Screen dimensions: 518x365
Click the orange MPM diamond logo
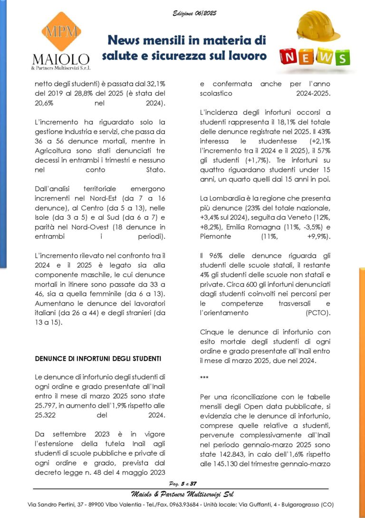point(61,32)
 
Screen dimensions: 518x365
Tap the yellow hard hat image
point(318,26)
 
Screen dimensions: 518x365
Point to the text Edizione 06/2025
point(194,13)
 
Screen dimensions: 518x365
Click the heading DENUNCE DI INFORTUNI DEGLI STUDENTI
point(98,358)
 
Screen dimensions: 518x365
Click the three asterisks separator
point(204,378)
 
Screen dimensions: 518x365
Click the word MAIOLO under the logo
point(60,59)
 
